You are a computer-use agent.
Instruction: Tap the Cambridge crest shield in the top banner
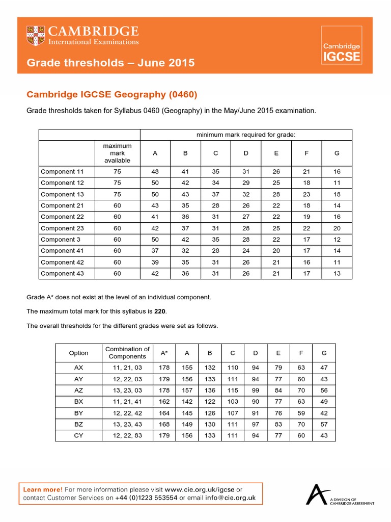[36, 35]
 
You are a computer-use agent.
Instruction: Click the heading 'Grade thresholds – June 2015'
[110, 63]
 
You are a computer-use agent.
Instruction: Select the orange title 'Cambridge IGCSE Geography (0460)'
[111, 94]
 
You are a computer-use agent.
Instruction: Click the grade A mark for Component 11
[155, 172]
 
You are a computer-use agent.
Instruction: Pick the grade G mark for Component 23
[337, 228]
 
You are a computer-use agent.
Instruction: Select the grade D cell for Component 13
[246, 194]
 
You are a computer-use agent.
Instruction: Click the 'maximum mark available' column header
[117, 153]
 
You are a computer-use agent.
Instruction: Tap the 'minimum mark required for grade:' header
[246, 135]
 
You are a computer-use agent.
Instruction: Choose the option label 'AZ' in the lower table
[78, 390]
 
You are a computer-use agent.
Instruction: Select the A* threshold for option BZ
[164, 424]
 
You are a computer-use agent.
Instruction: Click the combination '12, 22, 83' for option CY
[127, 435]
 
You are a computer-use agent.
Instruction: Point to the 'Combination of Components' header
[127, 353]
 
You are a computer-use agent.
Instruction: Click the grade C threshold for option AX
[233, 368]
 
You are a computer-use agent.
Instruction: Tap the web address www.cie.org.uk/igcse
[196, 489]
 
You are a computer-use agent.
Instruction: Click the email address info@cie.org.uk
[230, 498]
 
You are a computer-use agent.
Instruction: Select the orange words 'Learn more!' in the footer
[43, 489]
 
